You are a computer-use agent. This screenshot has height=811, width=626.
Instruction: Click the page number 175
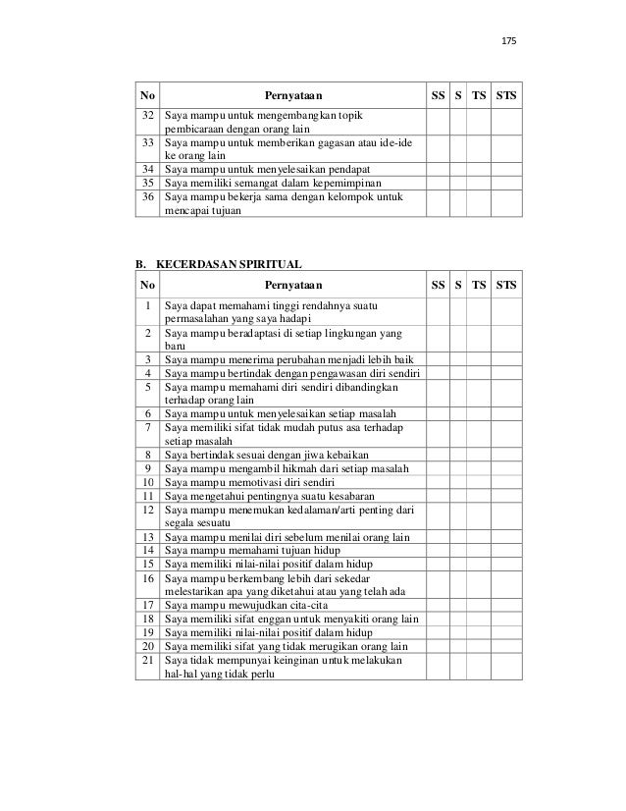pos(507,42)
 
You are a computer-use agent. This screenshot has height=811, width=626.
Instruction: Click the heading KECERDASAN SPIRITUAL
pos(225,264)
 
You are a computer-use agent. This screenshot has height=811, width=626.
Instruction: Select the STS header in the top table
pos(508,96)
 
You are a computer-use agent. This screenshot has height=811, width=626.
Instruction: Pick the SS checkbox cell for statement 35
pos(437,183)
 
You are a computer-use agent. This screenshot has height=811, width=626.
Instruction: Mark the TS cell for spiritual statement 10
pos(478,483)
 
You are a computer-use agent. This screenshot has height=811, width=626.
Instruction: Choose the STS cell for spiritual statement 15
pos(508,564)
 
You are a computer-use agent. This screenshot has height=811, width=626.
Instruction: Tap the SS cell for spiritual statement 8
pos(437,456)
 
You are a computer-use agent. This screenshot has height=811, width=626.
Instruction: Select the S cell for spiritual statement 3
pos(458,361)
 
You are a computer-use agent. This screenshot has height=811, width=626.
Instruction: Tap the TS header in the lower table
pos(478,285)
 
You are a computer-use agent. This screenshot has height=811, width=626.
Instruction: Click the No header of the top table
pos(147,96)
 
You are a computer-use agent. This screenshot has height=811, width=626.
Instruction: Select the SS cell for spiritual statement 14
pos(437,550)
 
